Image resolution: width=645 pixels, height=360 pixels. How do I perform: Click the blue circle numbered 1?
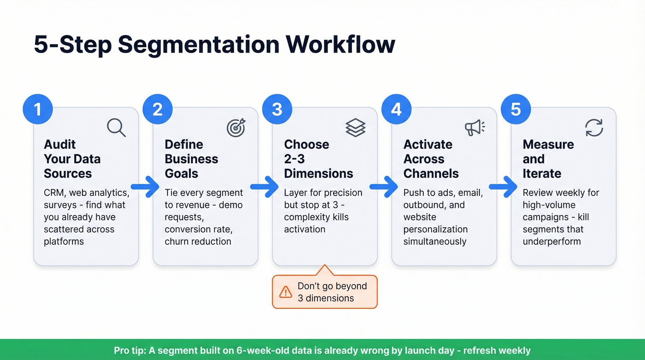(38, 110)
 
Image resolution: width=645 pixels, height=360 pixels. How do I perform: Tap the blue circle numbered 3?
(277, 110)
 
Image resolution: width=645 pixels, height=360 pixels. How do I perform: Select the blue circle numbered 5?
(516, 110)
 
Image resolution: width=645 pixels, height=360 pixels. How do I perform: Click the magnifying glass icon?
(116, 127)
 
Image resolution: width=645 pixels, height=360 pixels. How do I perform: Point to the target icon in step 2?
(236, 128)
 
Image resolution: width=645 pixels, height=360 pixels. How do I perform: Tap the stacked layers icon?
(355, 128)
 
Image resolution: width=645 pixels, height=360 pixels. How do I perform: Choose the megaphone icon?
(474, 128)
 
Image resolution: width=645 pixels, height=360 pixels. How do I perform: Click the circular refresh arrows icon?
(594, 128)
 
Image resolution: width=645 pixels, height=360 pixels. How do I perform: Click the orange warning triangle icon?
(286, 292)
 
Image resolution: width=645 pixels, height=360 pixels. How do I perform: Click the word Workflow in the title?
(340, 45)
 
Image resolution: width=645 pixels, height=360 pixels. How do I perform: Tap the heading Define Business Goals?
(191, 159)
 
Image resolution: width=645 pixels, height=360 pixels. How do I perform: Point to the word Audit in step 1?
(60, 144)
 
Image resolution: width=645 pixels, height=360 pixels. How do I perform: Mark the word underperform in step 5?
(551, 242)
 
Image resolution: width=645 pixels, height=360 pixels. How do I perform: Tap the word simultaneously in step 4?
(435, 242)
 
